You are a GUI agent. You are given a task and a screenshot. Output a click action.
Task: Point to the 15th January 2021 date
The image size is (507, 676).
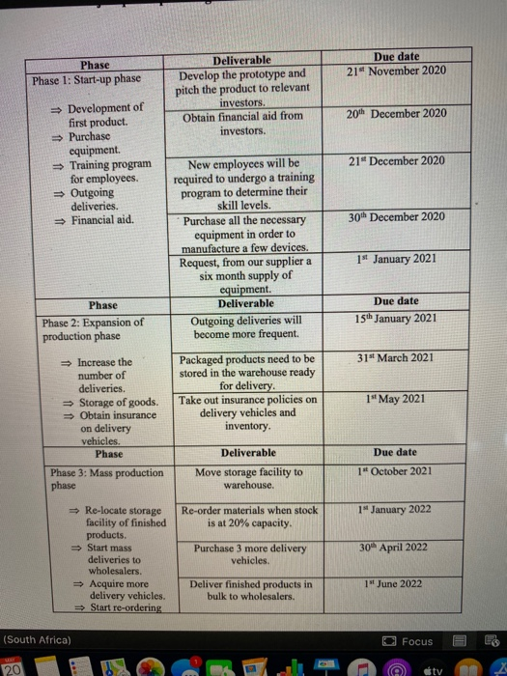point(395,319)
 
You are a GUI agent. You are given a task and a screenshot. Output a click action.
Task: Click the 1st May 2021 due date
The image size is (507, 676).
point(395,398)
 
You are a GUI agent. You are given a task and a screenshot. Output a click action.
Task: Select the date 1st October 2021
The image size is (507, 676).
point(395,469)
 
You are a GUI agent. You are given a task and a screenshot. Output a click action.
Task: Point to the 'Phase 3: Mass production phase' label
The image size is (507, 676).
point(105,480)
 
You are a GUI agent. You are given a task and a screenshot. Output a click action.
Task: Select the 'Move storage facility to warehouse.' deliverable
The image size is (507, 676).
point(248,478)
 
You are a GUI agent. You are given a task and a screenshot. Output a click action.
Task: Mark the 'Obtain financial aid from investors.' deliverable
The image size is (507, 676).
point(242,123)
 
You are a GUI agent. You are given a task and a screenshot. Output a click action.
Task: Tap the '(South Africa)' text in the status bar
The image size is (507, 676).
point(38,641)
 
